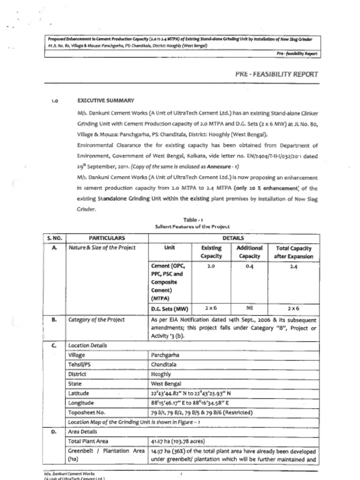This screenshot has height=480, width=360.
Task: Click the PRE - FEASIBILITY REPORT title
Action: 276,74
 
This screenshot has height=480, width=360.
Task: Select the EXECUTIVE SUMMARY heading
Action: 105,100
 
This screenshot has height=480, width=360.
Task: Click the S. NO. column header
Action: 54,238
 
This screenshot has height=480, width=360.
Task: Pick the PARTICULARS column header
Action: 107,238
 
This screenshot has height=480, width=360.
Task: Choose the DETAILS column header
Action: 234,238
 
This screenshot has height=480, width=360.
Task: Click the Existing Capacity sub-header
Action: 211,252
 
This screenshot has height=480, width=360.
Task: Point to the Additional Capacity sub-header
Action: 249,252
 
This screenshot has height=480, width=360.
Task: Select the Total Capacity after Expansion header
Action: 293,252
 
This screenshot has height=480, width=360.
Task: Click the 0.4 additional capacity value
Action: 249,266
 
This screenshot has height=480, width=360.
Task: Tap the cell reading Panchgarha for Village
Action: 165,355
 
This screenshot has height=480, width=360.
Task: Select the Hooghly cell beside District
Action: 161,375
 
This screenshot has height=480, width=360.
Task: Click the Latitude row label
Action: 78,393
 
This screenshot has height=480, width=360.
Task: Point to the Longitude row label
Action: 81,403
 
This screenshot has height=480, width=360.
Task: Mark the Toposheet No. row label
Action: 86,412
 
